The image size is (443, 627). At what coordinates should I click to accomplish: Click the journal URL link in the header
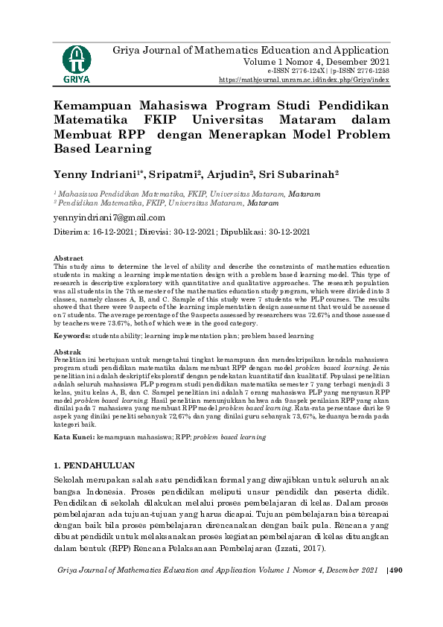point(303,79)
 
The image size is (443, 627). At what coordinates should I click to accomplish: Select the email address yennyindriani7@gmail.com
point(109,217)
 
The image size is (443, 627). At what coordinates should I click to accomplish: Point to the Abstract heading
point(68,258)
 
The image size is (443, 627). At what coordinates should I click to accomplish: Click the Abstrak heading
point(67,351)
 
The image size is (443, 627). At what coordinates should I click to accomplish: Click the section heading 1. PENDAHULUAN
point(95,465)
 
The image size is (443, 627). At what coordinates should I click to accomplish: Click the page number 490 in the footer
point(395,570)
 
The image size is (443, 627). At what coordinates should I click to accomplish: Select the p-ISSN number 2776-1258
point(367,70)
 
